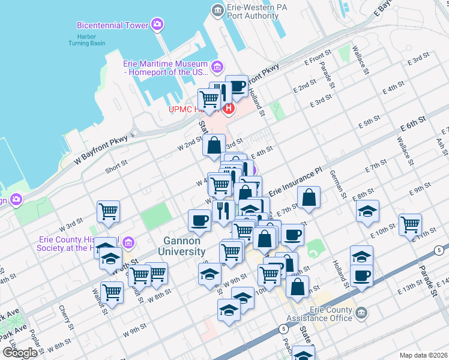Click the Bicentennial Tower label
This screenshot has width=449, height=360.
point(112,25)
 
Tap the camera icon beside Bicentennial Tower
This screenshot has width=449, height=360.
point(157,25)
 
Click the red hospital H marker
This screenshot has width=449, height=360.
point(228,109)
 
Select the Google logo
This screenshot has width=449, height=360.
point(20,353)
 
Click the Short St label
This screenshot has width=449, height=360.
point(116,163)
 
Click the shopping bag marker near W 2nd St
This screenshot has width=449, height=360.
point(214,145)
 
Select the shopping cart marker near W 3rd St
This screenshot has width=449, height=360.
point(108,211)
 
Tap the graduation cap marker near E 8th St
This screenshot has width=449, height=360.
point(367,211)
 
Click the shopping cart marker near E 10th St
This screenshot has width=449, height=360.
point(410,224)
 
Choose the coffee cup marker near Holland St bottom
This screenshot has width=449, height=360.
point(361,275)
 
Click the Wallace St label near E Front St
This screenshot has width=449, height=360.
point(363,57)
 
